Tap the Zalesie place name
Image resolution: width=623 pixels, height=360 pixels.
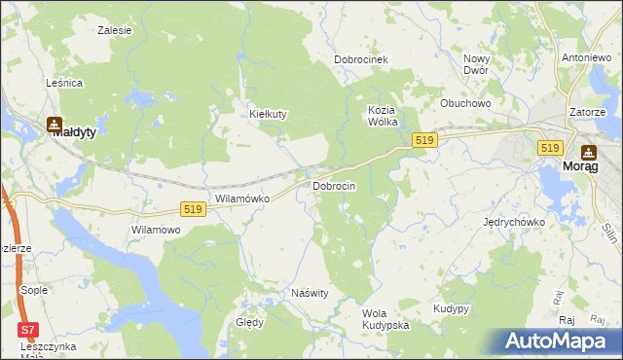(115, 30)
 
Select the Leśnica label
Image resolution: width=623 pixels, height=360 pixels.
(64, 84)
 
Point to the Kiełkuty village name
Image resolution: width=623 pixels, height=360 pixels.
(268, 114)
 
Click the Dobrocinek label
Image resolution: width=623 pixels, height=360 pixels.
(361, 59)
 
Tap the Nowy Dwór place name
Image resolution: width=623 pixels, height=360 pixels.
(476, 64)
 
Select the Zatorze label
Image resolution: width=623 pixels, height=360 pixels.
(588, 112)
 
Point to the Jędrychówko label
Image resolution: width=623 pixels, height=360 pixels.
(514, 222)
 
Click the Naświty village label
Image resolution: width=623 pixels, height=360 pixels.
(311, 293)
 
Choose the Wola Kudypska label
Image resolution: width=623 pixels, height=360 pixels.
(385, 319)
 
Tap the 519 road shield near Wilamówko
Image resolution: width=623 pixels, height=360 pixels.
(193, 209)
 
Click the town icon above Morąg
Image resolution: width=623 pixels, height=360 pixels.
(588, 152)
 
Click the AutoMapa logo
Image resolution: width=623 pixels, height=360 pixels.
(556, 340)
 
